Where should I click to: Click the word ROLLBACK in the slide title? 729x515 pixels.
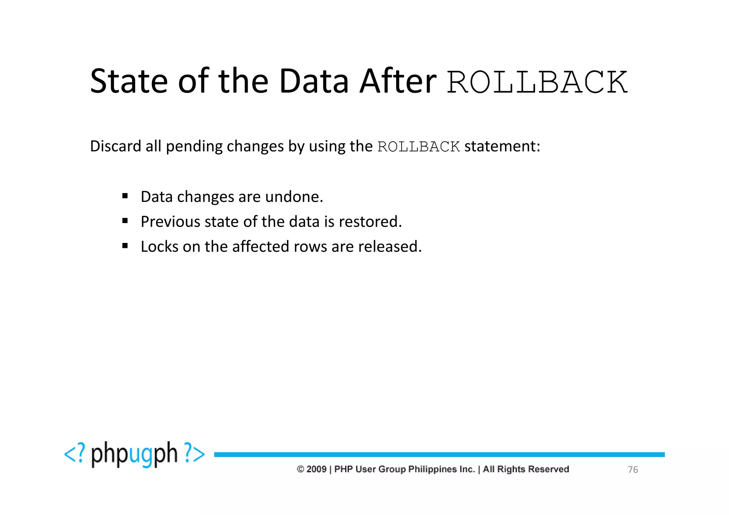pos(537,82)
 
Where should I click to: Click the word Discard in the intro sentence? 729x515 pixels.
pos(115,146)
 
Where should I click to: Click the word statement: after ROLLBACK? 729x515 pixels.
pos(502,146)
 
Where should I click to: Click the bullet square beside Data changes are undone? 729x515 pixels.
pos(125,196)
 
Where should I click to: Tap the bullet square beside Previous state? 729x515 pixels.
pos(125,221)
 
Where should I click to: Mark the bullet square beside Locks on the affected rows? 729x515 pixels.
pos(125,245)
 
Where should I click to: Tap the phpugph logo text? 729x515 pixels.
pos(134,454)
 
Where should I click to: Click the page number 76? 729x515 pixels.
pos(633,470)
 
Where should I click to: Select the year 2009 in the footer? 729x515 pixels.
pos(316,469)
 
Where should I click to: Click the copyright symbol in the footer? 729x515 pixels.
pos(300,469)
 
